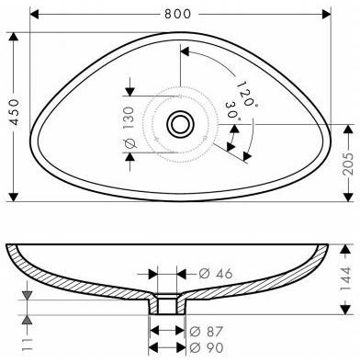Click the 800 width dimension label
[181, 14]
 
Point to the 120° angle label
[243, 92]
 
